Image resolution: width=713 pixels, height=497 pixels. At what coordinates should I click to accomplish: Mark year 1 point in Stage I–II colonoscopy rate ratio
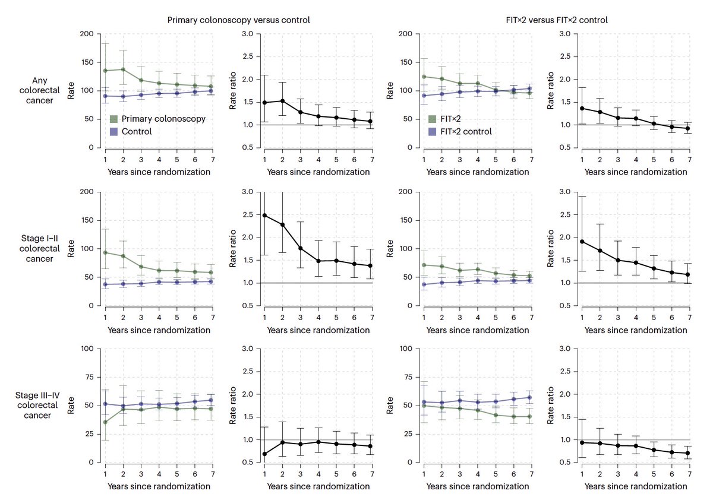pyautogui.click(x=264, y=215)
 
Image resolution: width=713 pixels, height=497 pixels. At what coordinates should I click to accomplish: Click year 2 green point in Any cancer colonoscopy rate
pyautogui.click(x=123, y=69)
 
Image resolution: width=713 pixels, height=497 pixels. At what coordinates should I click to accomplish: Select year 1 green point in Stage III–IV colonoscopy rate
pyautogui.click(x=105, y=422)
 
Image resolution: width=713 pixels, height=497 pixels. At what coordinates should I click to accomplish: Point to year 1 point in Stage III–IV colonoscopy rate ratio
pyautogui.click(x=264, y=454)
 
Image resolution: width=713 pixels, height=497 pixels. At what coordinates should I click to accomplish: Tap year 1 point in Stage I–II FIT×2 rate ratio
pyautogui.click(x=583, y=242)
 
